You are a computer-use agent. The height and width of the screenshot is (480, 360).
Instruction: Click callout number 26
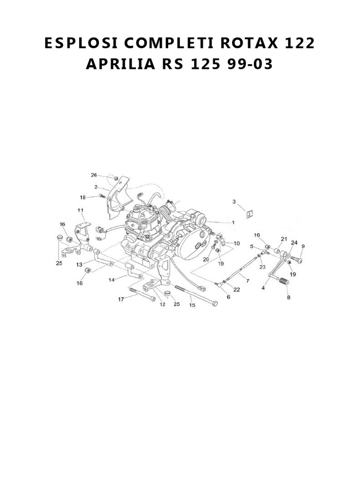pyautogui.click(x=94, y=175)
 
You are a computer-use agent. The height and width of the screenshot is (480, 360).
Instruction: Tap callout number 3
pyautogui.click(x=234, y=202)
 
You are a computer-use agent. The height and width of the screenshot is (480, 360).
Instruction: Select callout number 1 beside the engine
pyautogui.click(x=233, y=223)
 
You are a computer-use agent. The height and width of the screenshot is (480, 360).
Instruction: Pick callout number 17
pyautogui.click(x=121, y=299)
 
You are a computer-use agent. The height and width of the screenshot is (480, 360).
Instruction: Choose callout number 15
pyautogui.click(x=192, y=305)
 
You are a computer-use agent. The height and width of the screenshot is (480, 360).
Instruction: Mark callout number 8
pyautogui.click(x=288, y=297)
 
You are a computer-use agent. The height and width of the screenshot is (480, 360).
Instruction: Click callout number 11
pyautogui.click(x=81, y=210)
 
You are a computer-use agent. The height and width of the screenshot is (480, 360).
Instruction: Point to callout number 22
pyautogui.click(x=236, y=289)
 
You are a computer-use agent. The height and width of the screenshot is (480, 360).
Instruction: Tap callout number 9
pyautogui.click(x=303, y=246)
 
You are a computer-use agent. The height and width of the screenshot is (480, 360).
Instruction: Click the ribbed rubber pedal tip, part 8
pyautogui.click(x=283, y=282)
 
